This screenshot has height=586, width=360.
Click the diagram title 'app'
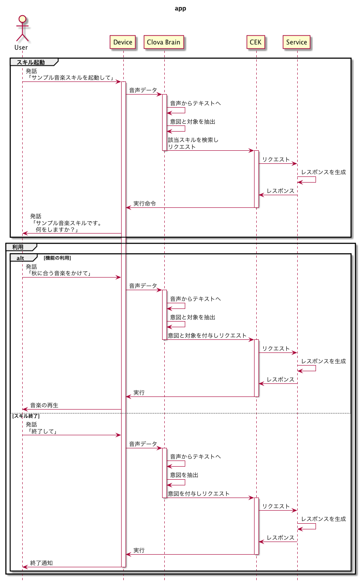tap(180, 9)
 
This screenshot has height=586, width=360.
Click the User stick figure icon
tap(22, 28)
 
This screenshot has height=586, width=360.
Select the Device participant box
tap(123, 42)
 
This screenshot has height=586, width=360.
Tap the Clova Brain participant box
tap(163, 42)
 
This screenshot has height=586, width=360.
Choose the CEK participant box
tap(255, 42)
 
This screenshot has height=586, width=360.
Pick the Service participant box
tap(296, 42)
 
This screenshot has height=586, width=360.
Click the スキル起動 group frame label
tap(31, 62)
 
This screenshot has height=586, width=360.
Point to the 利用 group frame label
tap(18, 247)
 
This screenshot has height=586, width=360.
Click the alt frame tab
tap(20, 258)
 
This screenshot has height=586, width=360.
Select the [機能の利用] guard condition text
tap(57, 258)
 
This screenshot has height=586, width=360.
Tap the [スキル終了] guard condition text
tap(26, 416)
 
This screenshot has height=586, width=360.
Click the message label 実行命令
tap(145, 203)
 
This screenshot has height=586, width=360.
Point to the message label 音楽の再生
tap(44, 405)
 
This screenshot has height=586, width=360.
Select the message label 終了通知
tap(41, 563)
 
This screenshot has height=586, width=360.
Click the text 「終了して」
tap(43, 431)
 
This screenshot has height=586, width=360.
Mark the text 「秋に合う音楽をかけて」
tap(60, 273)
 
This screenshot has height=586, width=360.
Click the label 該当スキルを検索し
tap(193, 140)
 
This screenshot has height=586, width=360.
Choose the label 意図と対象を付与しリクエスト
tap(207, 335)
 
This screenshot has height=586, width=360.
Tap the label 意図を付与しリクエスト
tap(199, 493)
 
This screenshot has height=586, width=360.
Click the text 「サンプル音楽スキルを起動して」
tap(71, 78)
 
